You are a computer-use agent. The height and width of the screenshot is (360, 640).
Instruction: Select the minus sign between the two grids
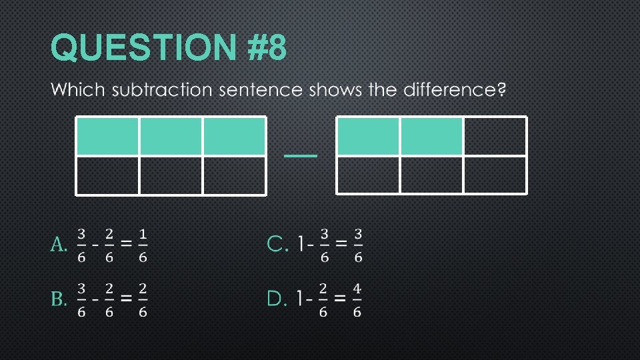click(x=301, y=155)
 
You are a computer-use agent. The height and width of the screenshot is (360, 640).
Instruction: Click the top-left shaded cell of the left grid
click(x=108, y=136)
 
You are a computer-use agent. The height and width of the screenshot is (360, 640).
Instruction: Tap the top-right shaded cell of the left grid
click(x=234, y=136)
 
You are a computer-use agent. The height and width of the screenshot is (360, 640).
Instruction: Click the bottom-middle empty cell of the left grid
click(x=171, y=175)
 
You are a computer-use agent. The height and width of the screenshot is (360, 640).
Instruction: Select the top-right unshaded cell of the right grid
click(x=495, y=136)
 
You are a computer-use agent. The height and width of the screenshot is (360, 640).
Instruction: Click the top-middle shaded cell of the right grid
click(x=431, y=136)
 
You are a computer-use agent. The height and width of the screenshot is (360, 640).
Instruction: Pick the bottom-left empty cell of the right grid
click(x=369, y=175)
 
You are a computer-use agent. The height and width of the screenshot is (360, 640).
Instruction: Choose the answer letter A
click(x=59, y=245)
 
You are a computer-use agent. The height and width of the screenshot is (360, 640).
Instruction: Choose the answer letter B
click(x=59, y=299)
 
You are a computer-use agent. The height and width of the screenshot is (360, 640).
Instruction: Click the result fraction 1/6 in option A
click(x=143, y=245)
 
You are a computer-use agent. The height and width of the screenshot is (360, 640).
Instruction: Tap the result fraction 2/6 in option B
click(x=143, y=299)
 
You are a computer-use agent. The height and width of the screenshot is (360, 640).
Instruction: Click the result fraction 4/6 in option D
click(x=357, y=299)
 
